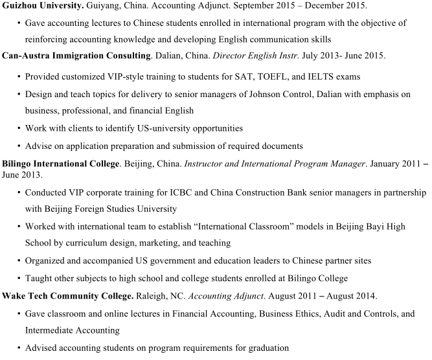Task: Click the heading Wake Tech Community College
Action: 67,296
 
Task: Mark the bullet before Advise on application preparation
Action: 18,146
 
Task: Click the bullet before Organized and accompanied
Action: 18,261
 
